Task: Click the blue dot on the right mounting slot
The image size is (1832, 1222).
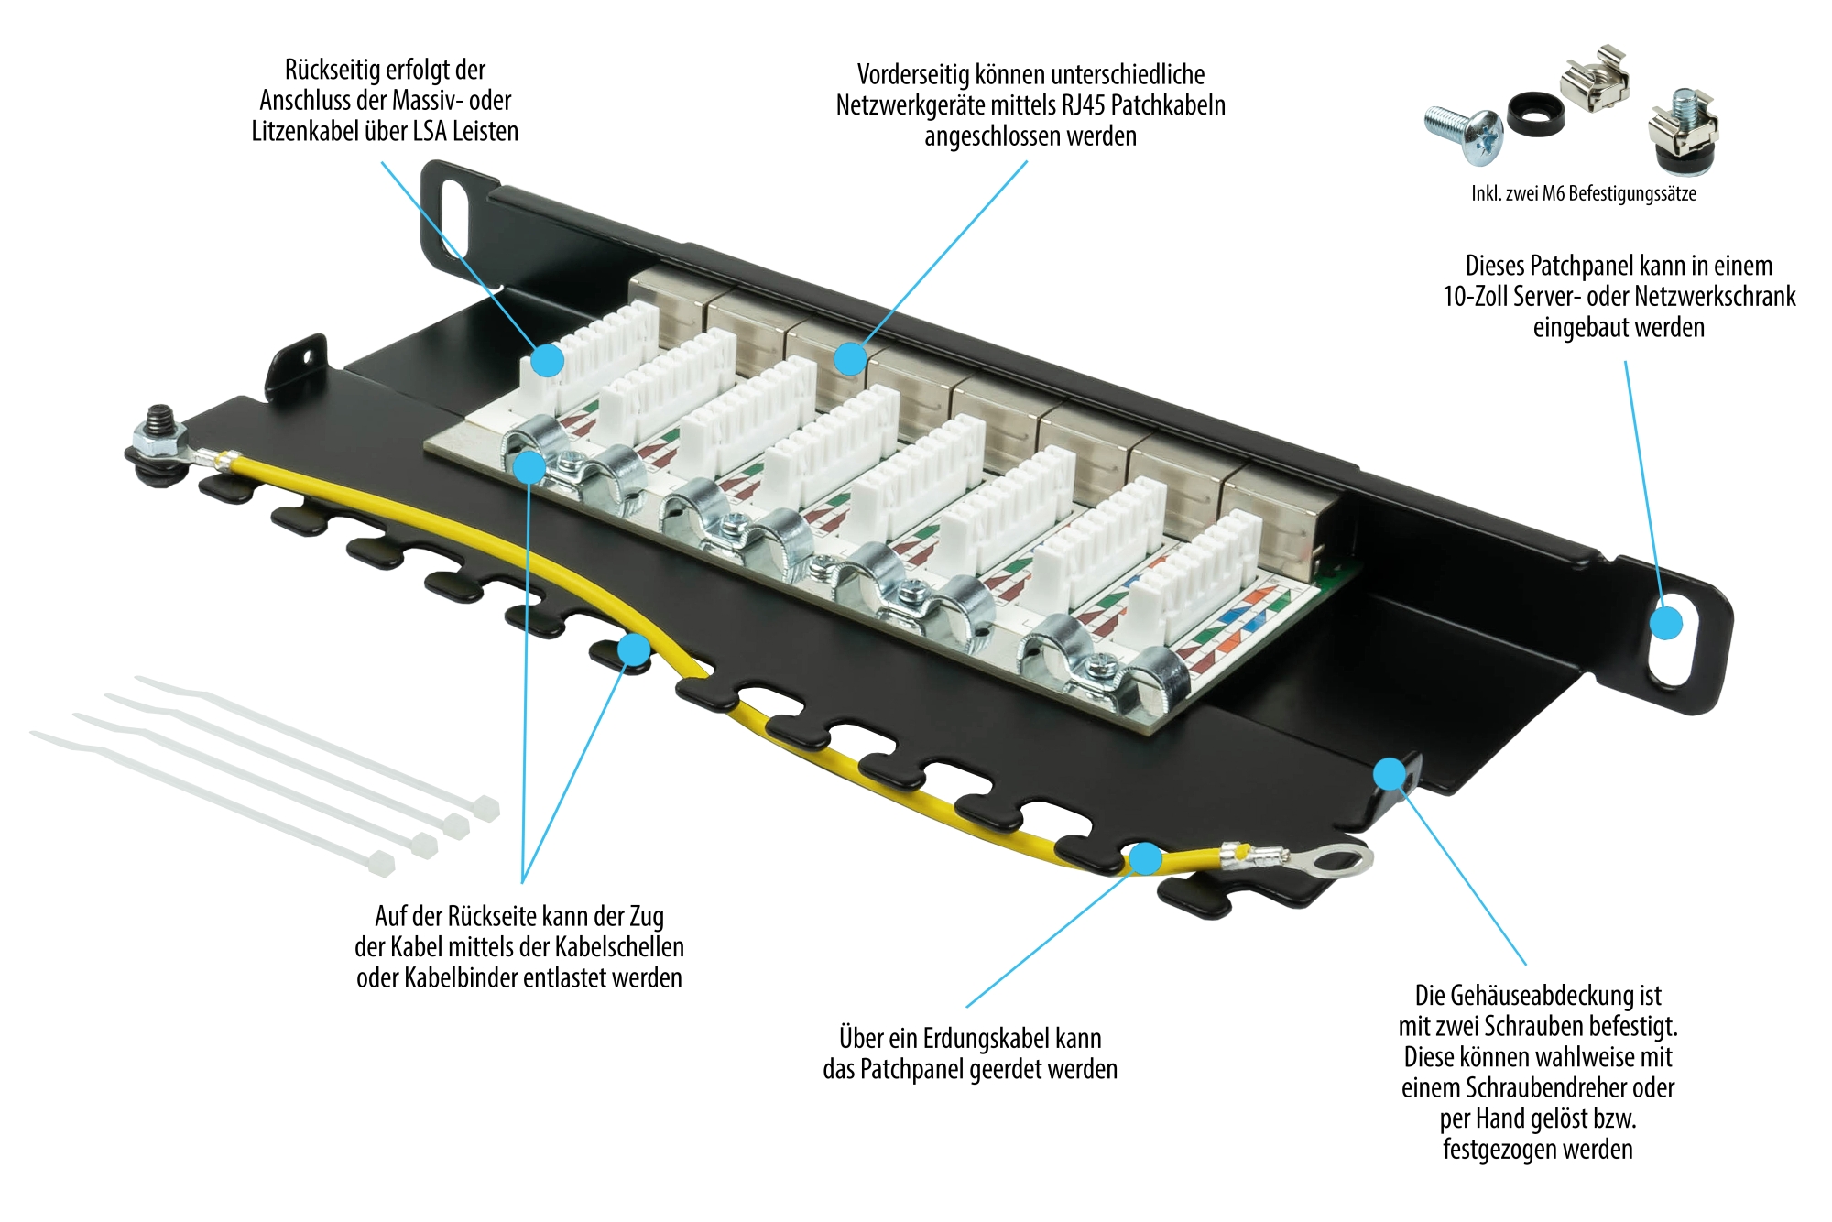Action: pos(1666,624)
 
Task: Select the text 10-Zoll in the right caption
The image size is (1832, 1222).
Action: pos(1476,297)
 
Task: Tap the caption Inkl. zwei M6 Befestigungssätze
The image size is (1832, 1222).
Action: pos(1583,193)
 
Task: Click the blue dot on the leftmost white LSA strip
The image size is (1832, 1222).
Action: pos(548,360)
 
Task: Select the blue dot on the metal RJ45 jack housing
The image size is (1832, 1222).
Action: pos(850,358)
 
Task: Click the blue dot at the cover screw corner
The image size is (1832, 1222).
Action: pos(1390,774)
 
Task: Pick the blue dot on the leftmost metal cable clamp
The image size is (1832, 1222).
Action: pos(529,467)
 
